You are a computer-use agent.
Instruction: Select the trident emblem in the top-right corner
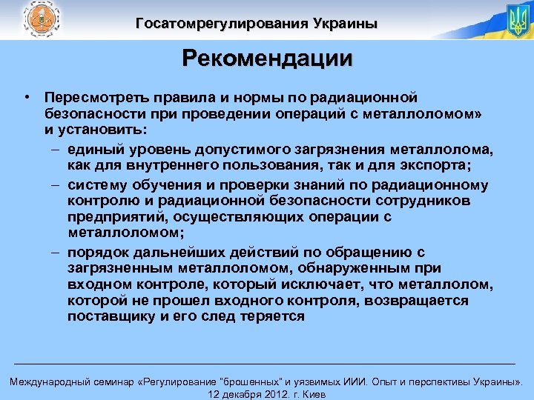coord(517,20)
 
